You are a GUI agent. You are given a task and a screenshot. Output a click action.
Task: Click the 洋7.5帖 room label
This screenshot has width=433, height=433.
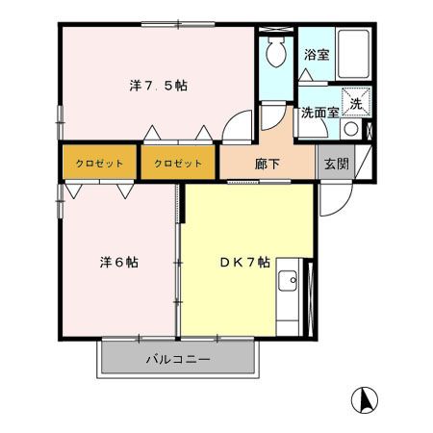click(159, 86)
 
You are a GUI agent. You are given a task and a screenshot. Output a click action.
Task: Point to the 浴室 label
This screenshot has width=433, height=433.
click(316, 55)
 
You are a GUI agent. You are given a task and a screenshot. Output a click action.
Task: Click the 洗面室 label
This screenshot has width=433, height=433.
click(318, 112)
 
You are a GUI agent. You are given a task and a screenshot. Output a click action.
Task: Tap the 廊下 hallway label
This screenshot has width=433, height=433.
click(268, 163)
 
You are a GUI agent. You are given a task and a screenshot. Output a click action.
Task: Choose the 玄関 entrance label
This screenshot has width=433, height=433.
click(335, 163)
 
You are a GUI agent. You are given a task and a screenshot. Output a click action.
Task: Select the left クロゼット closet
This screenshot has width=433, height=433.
click(100, 163)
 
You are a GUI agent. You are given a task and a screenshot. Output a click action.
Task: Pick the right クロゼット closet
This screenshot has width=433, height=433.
click(178, 163)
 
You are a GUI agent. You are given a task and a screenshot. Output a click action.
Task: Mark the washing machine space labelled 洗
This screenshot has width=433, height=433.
click(354, 104)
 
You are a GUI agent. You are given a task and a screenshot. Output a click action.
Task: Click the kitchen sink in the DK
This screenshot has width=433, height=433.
click(287, 282)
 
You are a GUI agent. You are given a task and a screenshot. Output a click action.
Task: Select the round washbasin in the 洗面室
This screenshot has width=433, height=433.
click(351, 129)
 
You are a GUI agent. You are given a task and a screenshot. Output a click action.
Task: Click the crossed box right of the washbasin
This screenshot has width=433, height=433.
click(369, 129)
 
